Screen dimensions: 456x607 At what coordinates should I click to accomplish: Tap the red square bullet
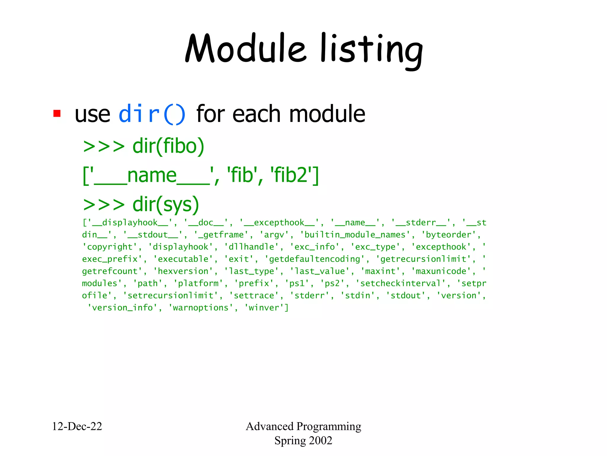click(57, 113)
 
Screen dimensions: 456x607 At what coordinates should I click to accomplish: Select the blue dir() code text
click(152, 114)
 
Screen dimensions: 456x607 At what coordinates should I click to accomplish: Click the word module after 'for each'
click(327, 114)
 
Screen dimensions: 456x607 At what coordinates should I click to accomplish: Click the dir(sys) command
click(165, 204)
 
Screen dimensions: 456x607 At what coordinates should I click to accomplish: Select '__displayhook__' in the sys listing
click(130, 223)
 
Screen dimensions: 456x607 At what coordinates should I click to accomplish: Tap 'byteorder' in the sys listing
click(448, 235)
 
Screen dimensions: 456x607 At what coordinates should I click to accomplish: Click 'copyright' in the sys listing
click(110, 247)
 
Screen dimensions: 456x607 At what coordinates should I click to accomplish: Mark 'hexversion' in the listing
click(183, 271)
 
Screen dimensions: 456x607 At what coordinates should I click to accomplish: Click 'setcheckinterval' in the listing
click(400, 284)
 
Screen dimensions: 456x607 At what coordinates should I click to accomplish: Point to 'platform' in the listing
click(198, 284)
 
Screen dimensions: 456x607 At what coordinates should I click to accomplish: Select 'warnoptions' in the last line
click(201, 308)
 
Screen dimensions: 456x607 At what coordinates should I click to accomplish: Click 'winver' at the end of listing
click(264, 308)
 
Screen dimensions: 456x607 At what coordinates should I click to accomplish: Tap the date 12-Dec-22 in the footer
click(77, 426)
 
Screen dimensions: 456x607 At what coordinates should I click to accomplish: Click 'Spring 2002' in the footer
click(303, 441)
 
